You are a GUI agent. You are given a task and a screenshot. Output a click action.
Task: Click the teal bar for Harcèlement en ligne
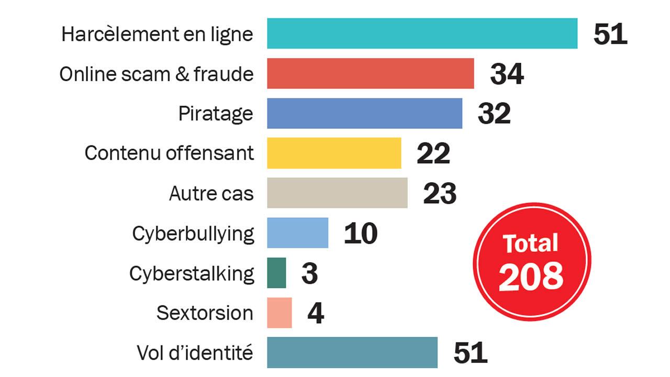pos(422,34)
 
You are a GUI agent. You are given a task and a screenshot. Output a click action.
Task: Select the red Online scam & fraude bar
pos(370,73)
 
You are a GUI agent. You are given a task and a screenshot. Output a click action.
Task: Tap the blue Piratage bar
pos(364,113)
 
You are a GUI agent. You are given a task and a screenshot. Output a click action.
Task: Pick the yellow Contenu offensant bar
pos(334,153)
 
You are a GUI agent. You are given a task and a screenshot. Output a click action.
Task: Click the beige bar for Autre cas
pos(337,193)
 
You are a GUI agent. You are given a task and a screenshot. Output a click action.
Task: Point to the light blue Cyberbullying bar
pos(297,233)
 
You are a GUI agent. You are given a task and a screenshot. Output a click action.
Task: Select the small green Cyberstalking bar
pos(276,273)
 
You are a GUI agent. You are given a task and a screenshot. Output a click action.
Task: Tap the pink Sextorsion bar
pos(279,313)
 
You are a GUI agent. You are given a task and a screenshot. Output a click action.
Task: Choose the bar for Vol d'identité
pos(352,352)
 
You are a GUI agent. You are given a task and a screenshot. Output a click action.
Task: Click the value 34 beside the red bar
pos(507,74)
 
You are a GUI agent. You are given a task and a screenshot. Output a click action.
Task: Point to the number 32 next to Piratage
pos(494,114)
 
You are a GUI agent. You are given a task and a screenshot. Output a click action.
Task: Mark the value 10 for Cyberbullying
pos(360,234)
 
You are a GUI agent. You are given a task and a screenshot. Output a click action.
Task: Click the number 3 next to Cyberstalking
pos(309,273)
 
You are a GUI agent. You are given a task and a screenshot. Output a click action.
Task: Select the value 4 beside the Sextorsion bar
pos(316,313)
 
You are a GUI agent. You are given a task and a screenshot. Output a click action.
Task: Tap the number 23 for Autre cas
pos(439,194)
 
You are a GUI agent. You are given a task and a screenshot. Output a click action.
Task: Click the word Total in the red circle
pos(531,243)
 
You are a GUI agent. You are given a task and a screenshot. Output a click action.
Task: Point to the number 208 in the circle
pos(531,276)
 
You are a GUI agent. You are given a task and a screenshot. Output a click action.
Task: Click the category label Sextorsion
pos(205,313)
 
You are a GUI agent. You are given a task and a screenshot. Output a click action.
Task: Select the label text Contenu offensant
pos(169,153)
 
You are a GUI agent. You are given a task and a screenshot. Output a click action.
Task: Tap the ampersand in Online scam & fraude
pos(180,74)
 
